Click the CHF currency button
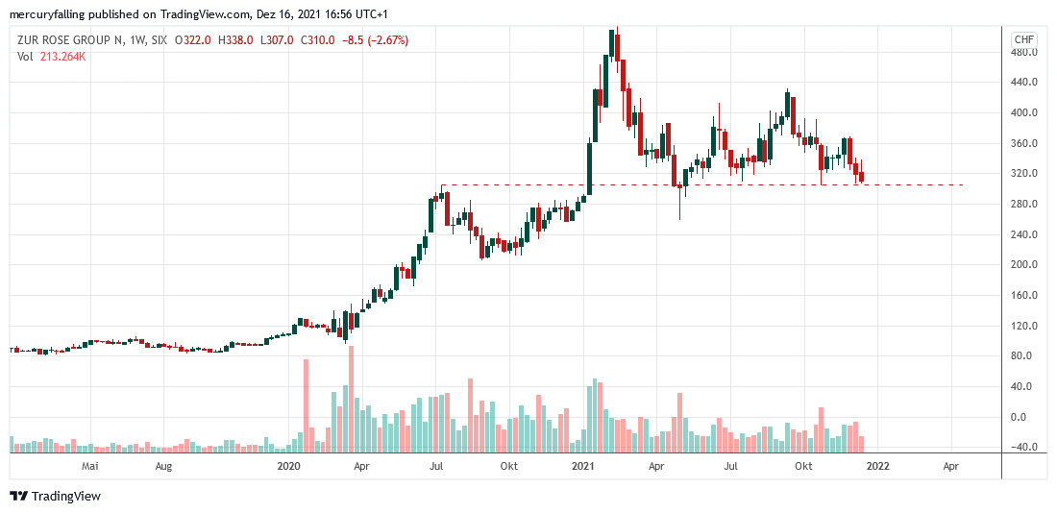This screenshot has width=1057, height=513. tap(1024, 39)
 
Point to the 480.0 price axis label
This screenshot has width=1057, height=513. tap(1024, 52)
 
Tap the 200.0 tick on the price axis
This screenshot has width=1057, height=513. tap(1024, 264)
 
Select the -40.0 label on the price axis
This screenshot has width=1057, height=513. tap(1024, 447)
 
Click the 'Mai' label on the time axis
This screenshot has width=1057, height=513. tap(91, 467)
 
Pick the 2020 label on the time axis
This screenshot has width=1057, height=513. tap(289, 467)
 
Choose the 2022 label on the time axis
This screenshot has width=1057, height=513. tap(876, 467)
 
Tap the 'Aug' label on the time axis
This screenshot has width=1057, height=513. tap(163, 467)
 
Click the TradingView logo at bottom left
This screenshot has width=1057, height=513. tap(56, 496)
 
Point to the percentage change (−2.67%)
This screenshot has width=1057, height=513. tap(381, 40)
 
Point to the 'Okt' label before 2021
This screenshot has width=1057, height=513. tap(509, 467)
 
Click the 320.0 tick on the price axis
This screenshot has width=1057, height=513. tap(1024, 173)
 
